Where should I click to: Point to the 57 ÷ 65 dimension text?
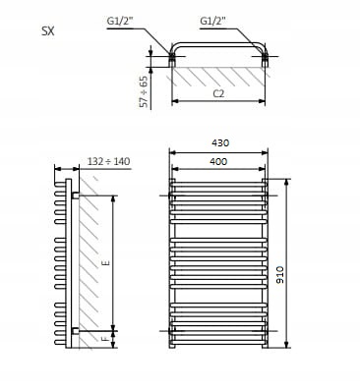(145, 89)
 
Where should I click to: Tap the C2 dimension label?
(220, 95)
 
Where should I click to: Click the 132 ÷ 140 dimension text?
(107, 160)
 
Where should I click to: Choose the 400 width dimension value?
(219, 161)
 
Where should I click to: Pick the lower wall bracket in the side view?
(73, 329)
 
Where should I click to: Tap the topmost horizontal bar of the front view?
(219, 183)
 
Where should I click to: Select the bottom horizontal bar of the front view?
(219, 344)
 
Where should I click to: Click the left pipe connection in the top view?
(173, 59)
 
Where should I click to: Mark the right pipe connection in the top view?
(267, 59)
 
